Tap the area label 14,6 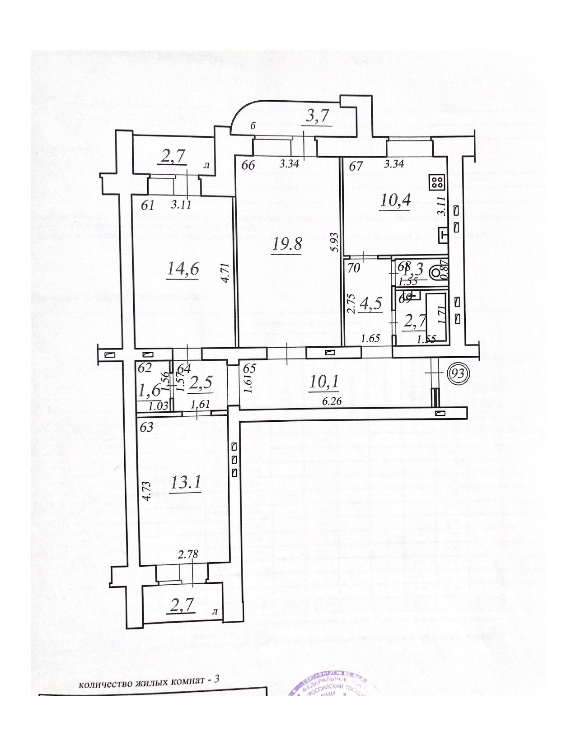click(x=183, y=269)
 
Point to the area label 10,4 click(x=395, y=200)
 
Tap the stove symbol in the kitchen click(x=437, y=182)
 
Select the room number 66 click(x=248, y=165)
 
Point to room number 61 click(x=148, y=205)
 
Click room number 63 click(x=146, y=427)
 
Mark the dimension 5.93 click(x=334, y=245)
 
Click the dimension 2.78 click(x=188, y=555)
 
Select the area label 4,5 click(x=370, y=303)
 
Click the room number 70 click(x=354, y=268)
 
